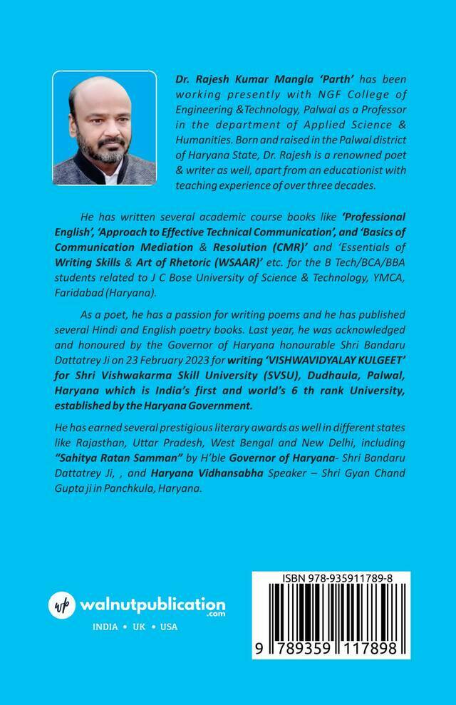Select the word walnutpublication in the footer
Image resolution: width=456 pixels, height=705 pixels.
(152, 604)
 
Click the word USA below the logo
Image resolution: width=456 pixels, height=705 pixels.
(169, 627)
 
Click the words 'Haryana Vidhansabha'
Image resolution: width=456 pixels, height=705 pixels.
(259, 473)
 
